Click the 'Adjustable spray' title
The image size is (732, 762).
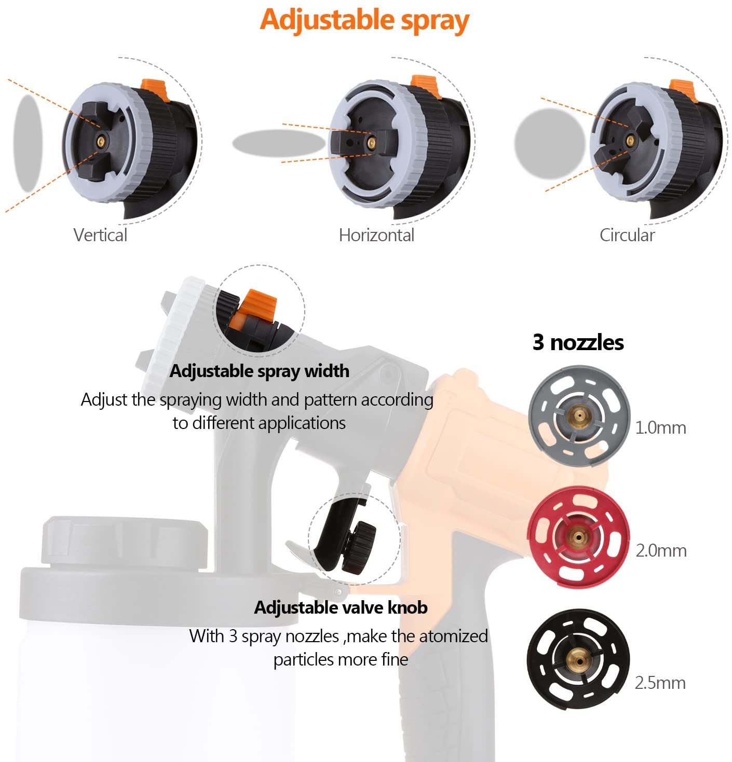tap(364, 21)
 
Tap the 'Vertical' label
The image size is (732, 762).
tap(100, 235)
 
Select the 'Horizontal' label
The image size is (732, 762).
tap(376, 235)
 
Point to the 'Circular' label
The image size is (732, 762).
tap(627, 235)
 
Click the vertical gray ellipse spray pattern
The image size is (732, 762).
tap(28, 143)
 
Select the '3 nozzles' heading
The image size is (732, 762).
tap(578, 342)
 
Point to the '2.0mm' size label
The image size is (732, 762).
tap(660, 550)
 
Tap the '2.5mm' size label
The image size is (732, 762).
tap(660, 683)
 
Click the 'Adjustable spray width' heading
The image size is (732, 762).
tap(259, 371)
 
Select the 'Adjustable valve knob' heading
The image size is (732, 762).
tap(341, 607)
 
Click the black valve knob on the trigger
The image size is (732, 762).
tap(360, 547)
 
